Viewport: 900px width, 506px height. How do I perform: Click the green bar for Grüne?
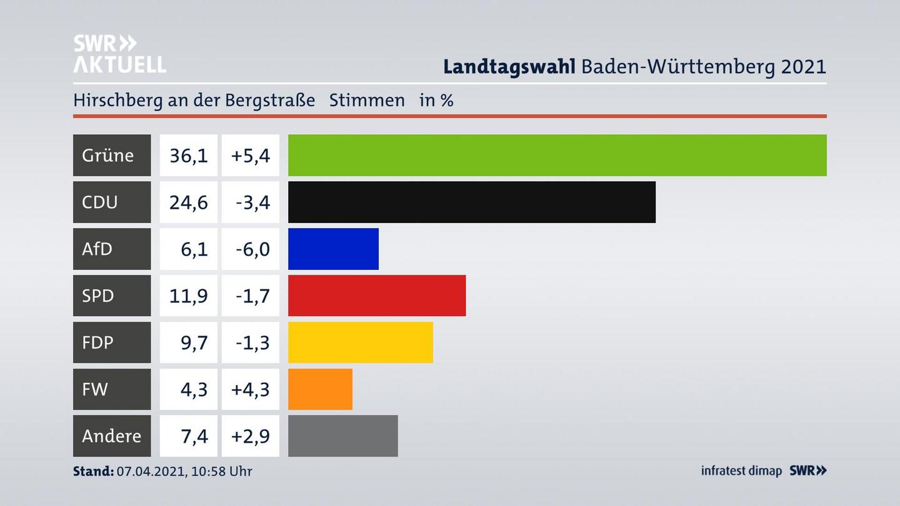point(557,155)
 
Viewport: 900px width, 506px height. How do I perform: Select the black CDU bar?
point(471,202)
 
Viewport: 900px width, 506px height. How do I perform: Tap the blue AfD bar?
point(333,249)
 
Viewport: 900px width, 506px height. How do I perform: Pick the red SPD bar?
point(376,295)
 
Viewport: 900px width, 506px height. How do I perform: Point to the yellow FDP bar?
point(360,342)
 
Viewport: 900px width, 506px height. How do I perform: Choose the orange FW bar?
point(320,389)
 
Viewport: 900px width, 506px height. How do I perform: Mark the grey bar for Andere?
point(342,436)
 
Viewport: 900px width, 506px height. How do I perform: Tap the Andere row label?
point(111,436)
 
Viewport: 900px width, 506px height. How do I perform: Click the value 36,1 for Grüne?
point(189,155)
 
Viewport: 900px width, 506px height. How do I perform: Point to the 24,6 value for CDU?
point(189,202)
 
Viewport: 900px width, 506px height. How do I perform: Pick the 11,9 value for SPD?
point(189,295)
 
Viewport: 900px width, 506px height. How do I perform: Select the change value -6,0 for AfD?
point(252,249)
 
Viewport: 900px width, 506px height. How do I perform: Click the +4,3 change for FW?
point(250,389)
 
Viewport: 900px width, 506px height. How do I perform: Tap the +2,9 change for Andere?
point(250,436)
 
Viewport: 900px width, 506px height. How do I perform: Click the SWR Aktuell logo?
point(119,54)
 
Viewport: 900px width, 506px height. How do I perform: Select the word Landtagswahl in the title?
point(509,66)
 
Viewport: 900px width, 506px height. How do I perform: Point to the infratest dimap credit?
point(741,470)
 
